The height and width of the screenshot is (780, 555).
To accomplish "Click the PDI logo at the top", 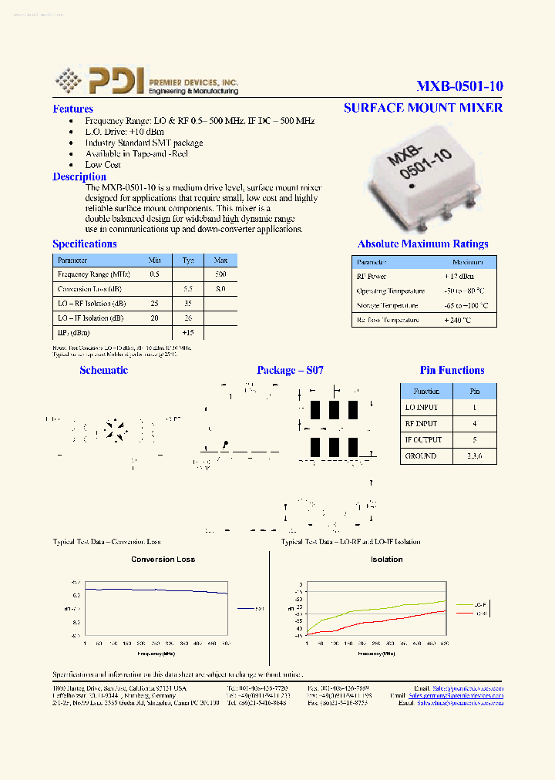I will point(146,81).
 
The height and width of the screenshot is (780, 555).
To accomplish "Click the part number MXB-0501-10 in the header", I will point(459,86).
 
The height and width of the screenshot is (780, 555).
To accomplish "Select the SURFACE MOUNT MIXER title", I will point(422,107).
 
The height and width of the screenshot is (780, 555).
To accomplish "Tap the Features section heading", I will point(72,109).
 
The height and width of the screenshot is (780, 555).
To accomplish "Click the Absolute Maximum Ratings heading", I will point(422,244).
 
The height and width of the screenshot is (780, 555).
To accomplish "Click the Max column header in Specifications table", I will point(220,261).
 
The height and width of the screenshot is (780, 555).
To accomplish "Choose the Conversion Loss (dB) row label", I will point(89,289).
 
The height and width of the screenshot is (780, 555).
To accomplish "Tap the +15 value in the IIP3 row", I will point(187,332).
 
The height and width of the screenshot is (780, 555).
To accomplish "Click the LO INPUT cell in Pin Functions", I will point(421,407).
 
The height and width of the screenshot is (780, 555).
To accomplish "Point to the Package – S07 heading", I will point(290,370).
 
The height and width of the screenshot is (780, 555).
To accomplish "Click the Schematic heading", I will point(103,370).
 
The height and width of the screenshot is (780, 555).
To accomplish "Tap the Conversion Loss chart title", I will point(163,560).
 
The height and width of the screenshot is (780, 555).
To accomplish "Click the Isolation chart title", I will point(386,560).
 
